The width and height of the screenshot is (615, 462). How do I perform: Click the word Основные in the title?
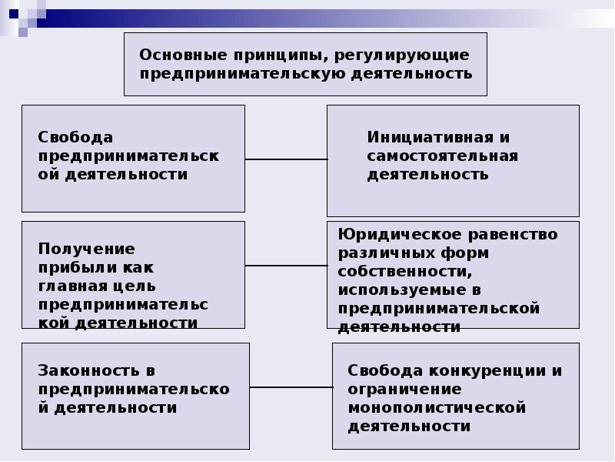coord(183,55)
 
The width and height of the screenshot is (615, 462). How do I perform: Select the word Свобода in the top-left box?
coord(75,137)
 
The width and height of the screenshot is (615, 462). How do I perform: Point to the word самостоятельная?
coord(443,156)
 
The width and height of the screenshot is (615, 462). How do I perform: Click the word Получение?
coord(87,249)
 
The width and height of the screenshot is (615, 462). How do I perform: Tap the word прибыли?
coord(78,268)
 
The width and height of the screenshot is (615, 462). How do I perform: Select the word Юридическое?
coord(400,235)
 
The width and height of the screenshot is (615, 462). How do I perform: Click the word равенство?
coord(513,235)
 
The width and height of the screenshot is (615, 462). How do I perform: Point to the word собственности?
coord(405,272)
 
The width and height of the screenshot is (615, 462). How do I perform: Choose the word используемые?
coord(400,290)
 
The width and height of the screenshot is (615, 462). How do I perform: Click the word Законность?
coord(88,370)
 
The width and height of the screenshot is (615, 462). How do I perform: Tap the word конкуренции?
coord(487,370)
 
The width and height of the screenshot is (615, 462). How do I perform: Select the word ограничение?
coord(404,390)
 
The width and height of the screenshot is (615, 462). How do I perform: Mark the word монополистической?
coord(437,408)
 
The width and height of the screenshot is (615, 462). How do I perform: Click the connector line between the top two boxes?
coord(286,159)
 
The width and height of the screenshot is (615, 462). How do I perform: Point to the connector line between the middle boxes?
coord(286,266)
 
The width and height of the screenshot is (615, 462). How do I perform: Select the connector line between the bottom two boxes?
coord(291,387)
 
